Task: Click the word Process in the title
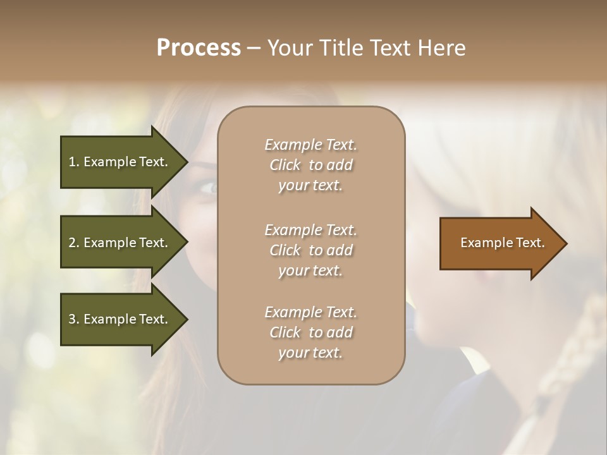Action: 199,48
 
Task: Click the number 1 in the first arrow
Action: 72,162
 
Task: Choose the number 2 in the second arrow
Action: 72,243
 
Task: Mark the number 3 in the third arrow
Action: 72,319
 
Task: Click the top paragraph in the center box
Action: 310,165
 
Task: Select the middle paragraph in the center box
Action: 310,250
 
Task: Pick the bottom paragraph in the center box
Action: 310,332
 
